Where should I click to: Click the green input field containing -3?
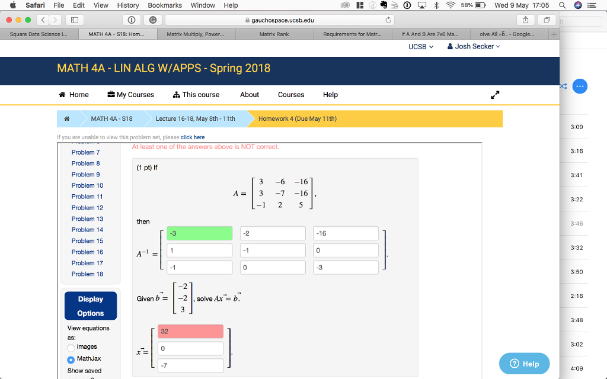click(x=199, y=233)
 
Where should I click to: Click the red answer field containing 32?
click(x=190, y=332)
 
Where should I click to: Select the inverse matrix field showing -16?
click(x=346, y=233)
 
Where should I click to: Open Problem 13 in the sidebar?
click(x=87, y=219)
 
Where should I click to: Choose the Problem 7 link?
click(x=85, y=152)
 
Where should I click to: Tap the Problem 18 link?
click(x=87, y=274)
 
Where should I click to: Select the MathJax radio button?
click(x=71, y=359)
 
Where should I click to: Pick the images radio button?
click(x=71, y=347)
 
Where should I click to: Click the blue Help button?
click(x=525, y=364)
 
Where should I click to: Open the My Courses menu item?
click(x=130, y=95)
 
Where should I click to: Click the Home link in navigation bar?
click(x=74, y=95)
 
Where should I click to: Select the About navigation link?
click(x=250, y=95)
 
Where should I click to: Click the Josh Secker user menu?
click(x=474, y=46)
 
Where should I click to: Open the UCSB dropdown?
click(x=421, y=46)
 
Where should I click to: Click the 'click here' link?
click(x=193, y=137)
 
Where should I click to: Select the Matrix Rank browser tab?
click(x=274, y=34)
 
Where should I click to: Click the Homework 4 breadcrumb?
click(x=298, y=118)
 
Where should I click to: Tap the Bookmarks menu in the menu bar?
click(x=165, y=5)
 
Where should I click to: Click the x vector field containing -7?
click(x=190, y=365)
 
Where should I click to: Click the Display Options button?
click(x=90, y=306)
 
